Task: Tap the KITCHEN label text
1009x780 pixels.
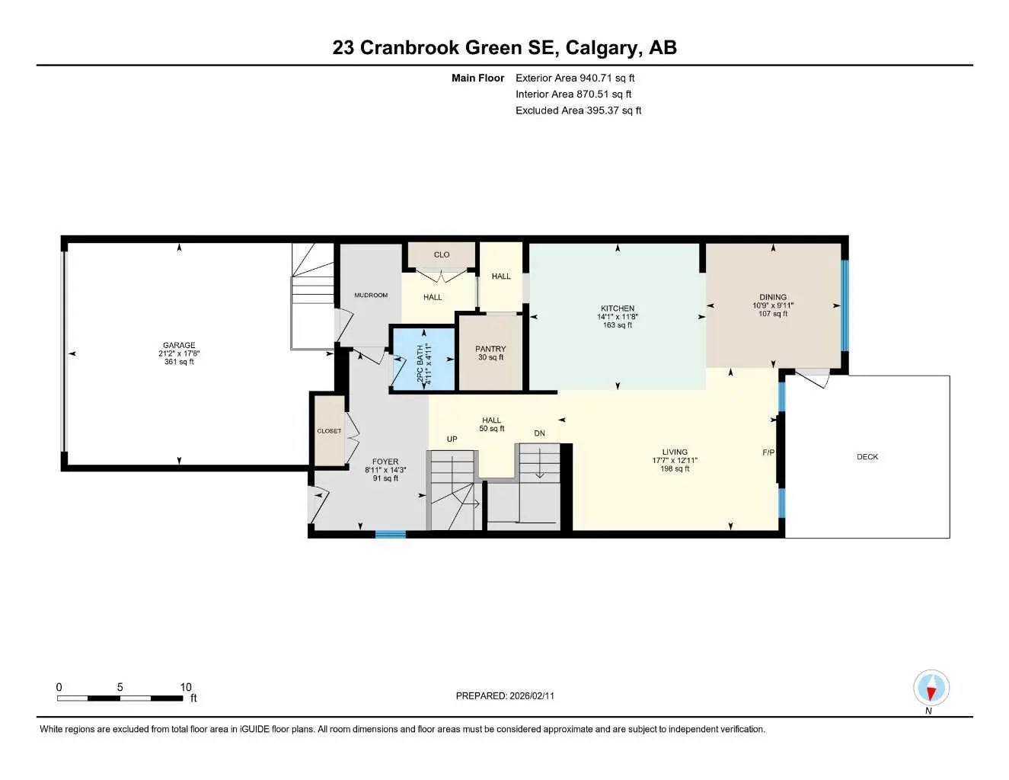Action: tap(617, 308)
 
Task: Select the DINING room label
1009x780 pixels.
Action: tap(773, 297)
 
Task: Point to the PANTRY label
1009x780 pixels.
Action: tap(490, 349)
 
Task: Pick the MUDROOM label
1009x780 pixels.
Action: tap(371, 295)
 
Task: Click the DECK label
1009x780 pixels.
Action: tap(867, 457)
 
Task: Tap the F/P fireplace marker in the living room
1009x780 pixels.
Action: tap(768, 452)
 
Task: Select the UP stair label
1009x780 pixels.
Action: tap(452, 439)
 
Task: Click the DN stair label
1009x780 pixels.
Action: tap(539, 433)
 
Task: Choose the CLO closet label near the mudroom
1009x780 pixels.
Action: tap(442, 254)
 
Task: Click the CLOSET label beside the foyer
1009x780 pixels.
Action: tap(329, 431)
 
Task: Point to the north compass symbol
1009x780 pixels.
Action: tap(930, 689)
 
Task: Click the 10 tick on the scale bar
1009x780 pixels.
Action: tap(186, 687)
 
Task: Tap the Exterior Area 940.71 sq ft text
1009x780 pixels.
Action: tap(575, 78)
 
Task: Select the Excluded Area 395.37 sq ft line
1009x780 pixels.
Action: tap(578, 110)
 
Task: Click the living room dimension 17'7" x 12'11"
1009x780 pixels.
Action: tap(675, 460)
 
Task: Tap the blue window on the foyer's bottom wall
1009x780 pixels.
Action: tap(391, 535)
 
